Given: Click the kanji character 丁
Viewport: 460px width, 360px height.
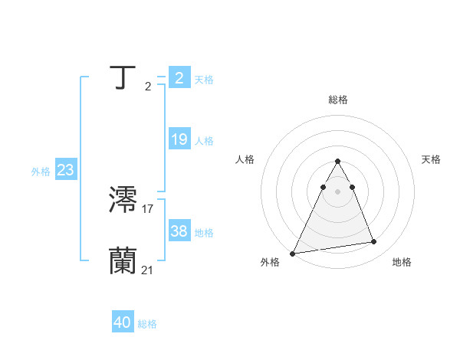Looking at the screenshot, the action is pyautogui.click(x=124, y=78).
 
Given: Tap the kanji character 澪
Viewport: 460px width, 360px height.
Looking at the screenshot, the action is pyautogui.click(x=124, y=201).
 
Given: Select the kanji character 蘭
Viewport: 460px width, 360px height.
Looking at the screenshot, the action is pyautogui.click(x=124, y=260).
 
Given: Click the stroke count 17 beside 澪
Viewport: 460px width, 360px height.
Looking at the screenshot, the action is pyautogui.click(x=148, y=208).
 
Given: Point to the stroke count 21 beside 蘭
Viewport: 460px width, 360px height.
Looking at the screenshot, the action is pyautogui.click(x=148, y=269).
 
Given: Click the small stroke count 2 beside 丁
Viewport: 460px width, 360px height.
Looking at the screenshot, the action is pyautogui.click(x=148, y=87).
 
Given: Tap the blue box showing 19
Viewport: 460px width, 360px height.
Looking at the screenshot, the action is pyautogui.click(x=179, y=139).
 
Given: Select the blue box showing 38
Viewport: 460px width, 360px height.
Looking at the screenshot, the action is pyautogui.click(x=179, y=231).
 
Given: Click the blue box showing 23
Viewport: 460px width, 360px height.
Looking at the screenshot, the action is pyautogui.click(x=65, y=170).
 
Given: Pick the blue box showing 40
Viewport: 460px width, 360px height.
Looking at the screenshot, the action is pyautogui.click(x=123, y=322).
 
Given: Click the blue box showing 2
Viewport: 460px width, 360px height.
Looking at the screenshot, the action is pyautogui.click(x=179, y=78).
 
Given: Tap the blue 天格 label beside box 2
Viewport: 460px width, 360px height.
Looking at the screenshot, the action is pyautogui.click(x=204, y=80).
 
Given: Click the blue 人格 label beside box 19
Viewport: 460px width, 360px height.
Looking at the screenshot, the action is pyautogui.click(x=204, y=141).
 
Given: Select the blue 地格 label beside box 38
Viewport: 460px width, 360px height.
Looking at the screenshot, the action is pyautogui.click(x=204, y=233).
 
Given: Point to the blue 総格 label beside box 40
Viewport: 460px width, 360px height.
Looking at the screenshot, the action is pyautogui.click(x=147, y=324).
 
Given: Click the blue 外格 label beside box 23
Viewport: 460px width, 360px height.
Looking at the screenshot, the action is pyautogui.click(x=41, y=172).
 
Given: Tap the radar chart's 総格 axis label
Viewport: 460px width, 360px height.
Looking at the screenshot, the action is pyautogui.click(x=337, y=100).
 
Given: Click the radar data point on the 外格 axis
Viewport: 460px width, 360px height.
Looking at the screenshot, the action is pyautogui.click(x=293, y=254).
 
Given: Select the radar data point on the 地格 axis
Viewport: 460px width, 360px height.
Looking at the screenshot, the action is pyautogui.click(x=374, y=242).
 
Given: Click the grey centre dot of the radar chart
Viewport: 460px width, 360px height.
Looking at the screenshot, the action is pyautogui.click(x=337, y=191).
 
